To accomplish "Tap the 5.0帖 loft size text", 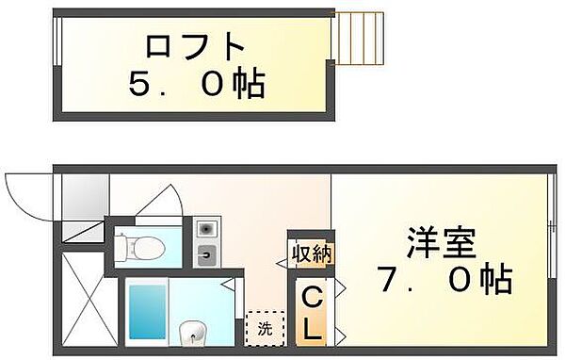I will click(197, 86).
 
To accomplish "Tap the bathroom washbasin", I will click(193, 332).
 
